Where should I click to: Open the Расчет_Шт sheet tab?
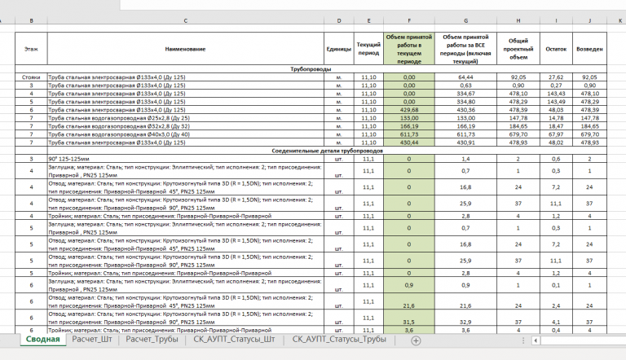click(x=93, y=340)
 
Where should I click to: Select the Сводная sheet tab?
click(x=41, y=340)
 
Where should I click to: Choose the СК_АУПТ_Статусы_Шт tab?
click(x=233, y=340)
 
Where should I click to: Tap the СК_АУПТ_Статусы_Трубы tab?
click(x=339, y=340)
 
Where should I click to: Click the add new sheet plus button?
click(x=416, y=341)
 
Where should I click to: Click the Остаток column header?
click(x=555, y=50)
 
